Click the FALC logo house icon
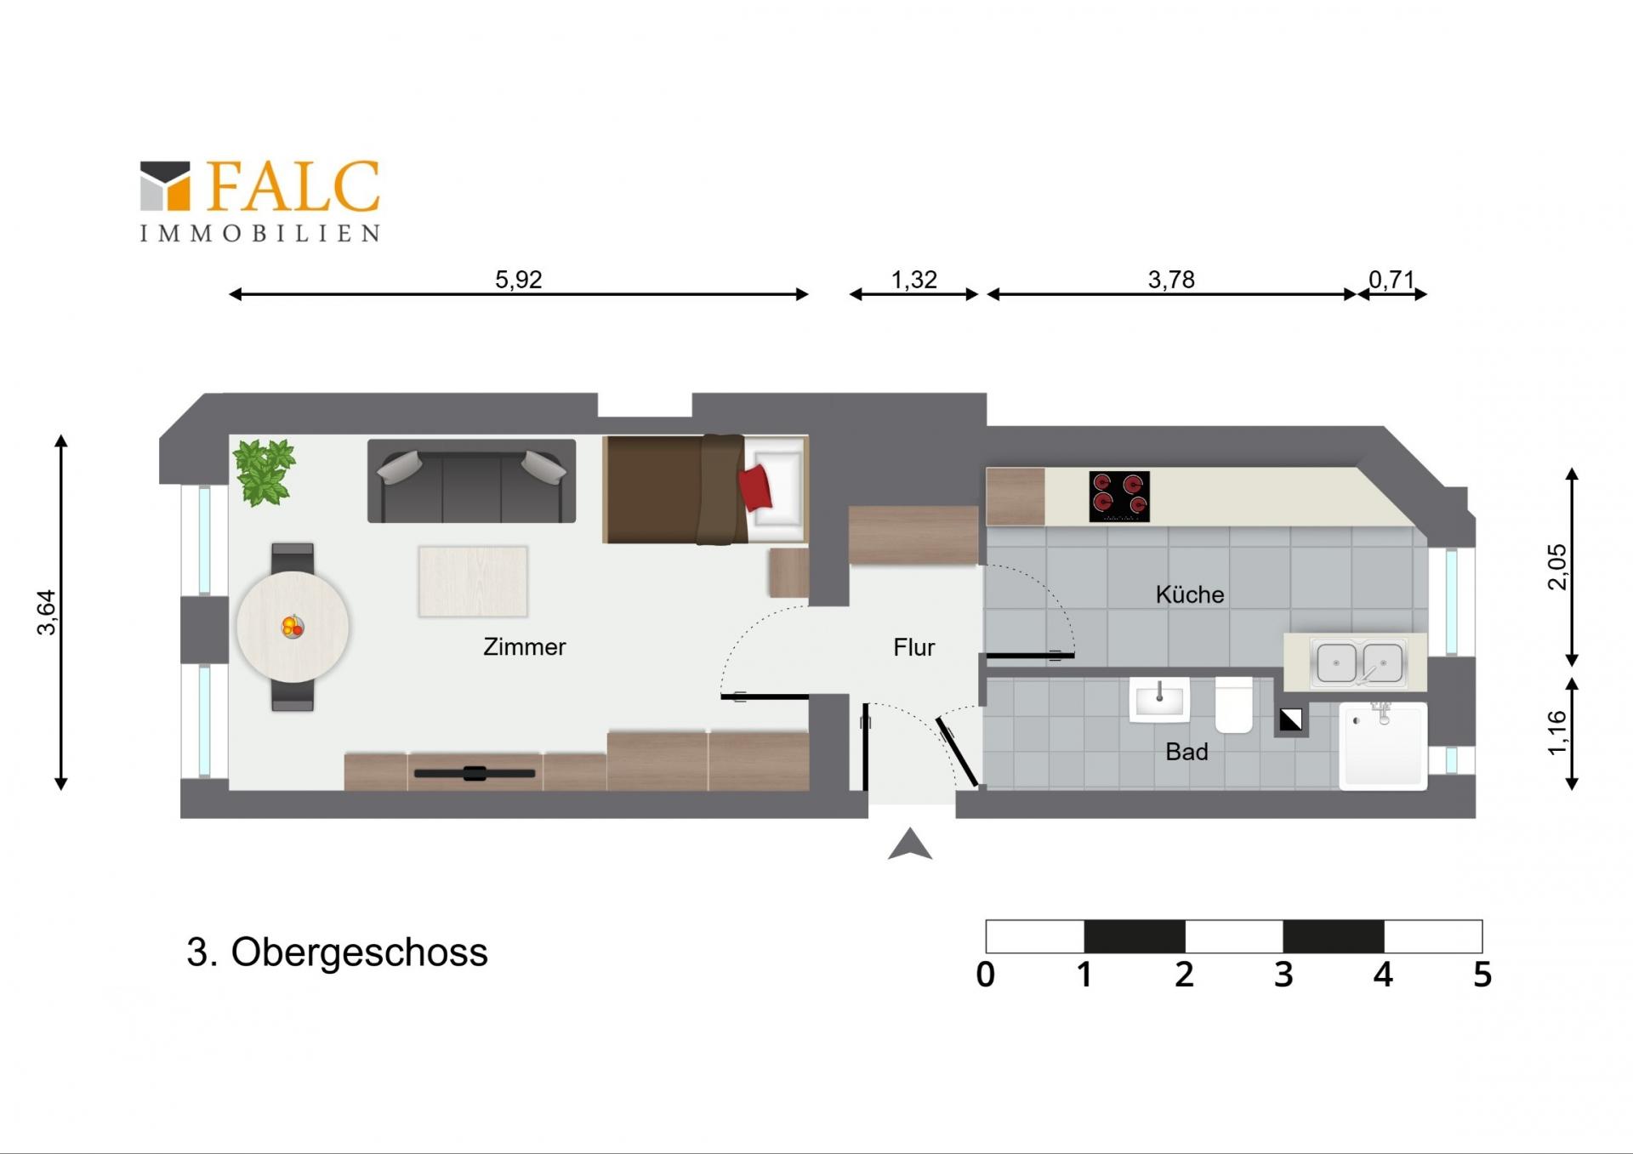coord(165,185)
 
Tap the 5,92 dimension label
coord(518,279)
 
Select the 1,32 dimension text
coord(913,279)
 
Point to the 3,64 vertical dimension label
coord(47,612)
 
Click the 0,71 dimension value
coord(1391,279)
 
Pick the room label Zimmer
coord(524,647)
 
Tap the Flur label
coord(913,647)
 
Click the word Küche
coord(1189,594)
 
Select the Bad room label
coord(1186,752)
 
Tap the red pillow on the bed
coord(755,488)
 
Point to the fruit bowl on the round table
coord(293,627)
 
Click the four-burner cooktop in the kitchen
coord(1119,497)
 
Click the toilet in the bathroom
coord(1234,704)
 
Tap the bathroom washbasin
coord(1159,699)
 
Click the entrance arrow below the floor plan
coord(910,844)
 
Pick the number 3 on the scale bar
coord(1283,975)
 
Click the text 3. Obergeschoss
coord(337,952)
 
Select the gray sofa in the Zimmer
coord(471,480)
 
